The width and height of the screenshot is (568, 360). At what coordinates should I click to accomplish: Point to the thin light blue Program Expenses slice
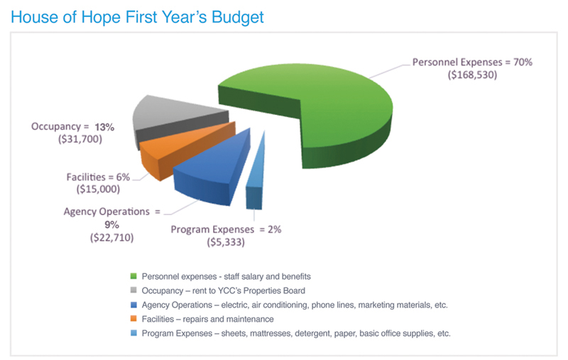[x=256, y=174]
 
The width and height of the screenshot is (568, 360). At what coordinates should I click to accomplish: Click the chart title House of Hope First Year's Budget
[x=137, y=17]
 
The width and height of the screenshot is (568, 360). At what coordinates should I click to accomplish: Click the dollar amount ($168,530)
[x=472, y=75]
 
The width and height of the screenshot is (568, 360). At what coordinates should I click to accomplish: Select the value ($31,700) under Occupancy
[x=80, y=139]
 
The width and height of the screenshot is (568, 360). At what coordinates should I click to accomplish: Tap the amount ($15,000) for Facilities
[x=98, y=189]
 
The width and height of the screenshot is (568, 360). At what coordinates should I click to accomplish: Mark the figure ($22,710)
[x=112, y=238]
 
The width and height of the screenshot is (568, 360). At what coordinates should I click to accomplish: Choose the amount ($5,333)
[x=226, y=242]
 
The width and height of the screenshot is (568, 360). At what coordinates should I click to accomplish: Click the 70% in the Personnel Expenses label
[x=523, y=62]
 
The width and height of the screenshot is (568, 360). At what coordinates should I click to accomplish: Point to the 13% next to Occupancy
[x=104, y=127]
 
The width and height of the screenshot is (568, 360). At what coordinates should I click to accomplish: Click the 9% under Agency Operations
[x=112, y=225]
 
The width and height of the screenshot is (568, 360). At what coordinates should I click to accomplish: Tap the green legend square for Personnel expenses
[x=133, y=276]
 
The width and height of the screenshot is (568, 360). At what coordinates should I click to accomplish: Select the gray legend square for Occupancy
[x=133, y=290]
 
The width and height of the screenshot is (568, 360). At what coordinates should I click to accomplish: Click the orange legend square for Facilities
[x=133, y=319]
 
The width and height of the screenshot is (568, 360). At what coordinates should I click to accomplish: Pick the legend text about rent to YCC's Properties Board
[x=224, y=291]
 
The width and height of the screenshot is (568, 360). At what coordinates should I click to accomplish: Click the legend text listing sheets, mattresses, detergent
[x=296, y=334]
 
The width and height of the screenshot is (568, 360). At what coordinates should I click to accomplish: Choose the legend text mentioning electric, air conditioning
[x=295, y=305]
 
